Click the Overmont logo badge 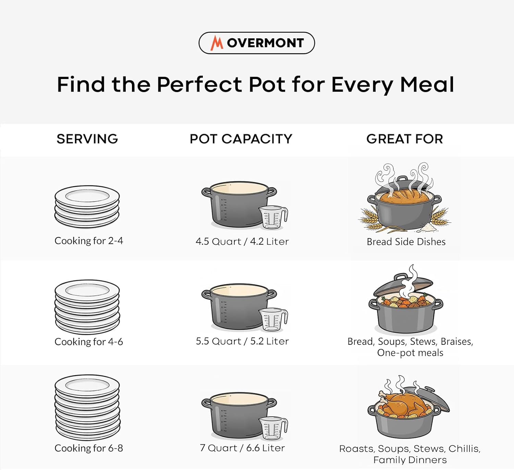pyautogui.click(x=257, y=43)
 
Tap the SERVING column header pyautogui.click(x=87, y=139)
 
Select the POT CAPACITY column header pyautogui.click(x=241, y=139)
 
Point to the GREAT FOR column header pyautogui.click(x=404, y=139)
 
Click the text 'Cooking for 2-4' pyautogui.click(x=89, y=241)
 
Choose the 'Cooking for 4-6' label pyautogui.click(x=89, y=342)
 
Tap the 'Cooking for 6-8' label pyautogui.click(x=89, y=448)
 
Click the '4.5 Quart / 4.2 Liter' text pyautogui.click(x=242, y=241)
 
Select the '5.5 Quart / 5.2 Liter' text pyautogui.click(x=242, y=341)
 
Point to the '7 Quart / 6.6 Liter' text pyautogui.click(x=242, y=448)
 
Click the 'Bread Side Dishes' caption pyautogui.click(x=406, y=242)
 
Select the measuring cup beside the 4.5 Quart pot pyautogui.click(x=273, y=218)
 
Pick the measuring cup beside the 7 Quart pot pyautogui.click(x=273, y=428)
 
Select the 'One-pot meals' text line pyautogui.click(x=410, y=353)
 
